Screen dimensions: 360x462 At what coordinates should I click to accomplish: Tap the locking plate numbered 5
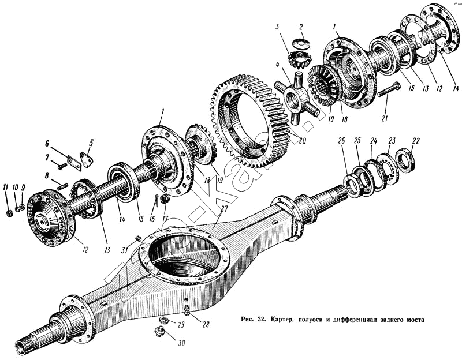point(86,159)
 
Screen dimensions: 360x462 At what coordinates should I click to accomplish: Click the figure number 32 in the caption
point(259,318)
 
